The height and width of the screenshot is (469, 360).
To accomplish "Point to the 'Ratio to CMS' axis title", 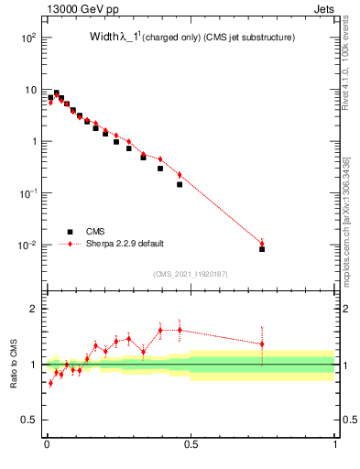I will pos(14,365).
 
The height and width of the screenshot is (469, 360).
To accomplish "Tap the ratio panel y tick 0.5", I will pos(31,420).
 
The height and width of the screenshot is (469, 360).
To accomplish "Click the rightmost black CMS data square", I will pos(262,248).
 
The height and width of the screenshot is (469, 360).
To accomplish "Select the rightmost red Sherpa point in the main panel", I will pos(262,244).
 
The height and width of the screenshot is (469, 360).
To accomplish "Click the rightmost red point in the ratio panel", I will pos(262,344).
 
